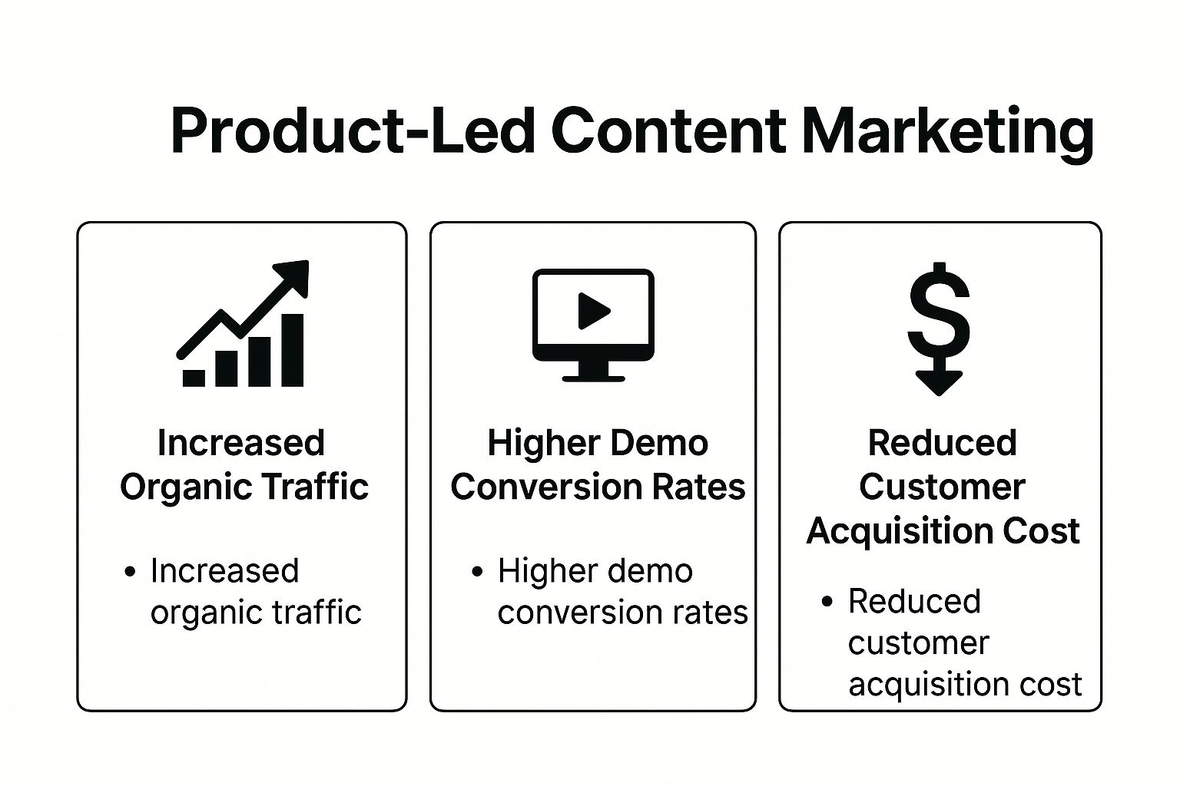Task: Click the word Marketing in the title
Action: click(x=947, y=131)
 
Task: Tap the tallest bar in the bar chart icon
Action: click(x=293, y=350)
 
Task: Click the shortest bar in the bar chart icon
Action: click(x=194, y=377)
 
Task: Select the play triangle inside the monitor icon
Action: click(x=592, y=311)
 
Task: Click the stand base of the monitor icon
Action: click(x=593, y=376)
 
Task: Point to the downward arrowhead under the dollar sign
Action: click(x=939, y=381)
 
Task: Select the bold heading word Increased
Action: click(x=241, y=443)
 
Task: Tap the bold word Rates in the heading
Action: click(x=707, y=487)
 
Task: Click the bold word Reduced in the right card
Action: click(x=942, y=443)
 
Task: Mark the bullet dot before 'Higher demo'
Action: click(x=478, y=572)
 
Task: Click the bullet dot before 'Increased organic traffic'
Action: click(x=130, y=572)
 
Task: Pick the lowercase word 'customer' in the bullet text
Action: click(x=918, y=643)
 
